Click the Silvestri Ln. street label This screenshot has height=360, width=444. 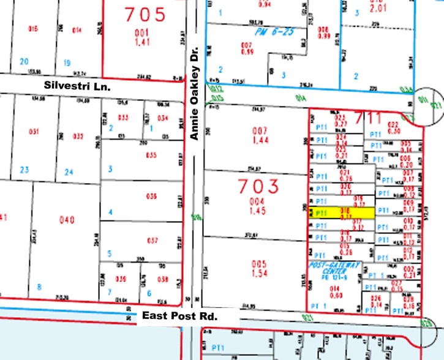coord(77,87)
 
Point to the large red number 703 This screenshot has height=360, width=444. coord(258,185)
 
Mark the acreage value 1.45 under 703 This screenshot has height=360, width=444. coord(259,210)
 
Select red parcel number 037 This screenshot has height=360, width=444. coord(152,240)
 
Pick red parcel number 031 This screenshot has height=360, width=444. coord(34,131)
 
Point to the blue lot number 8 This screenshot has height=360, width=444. coord(39,287)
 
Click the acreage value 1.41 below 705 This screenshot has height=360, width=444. coord(143,43)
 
